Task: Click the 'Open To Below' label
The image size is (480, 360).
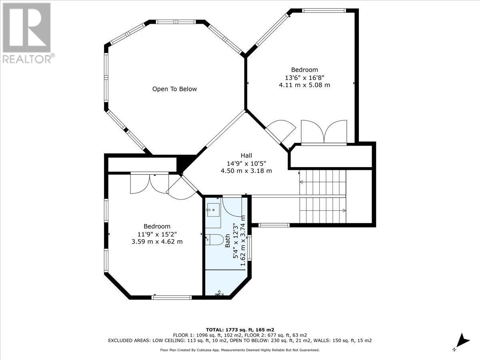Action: click(174, 89)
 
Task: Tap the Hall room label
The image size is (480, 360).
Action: click(246, 156)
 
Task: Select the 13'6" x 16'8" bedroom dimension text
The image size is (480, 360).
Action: click(304, 78)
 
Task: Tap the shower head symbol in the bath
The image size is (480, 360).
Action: click(219, 294)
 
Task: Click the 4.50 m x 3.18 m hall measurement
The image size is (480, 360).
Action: click(246, 171)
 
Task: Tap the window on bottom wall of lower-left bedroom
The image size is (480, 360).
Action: click(172, 297)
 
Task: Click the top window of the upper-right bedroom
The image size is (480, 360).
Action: click(323, 11)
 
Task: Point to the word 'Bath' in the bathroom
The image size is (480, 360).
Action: click(227, 241)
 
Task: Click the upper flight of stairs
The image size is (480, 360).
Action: click(322, 182)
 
